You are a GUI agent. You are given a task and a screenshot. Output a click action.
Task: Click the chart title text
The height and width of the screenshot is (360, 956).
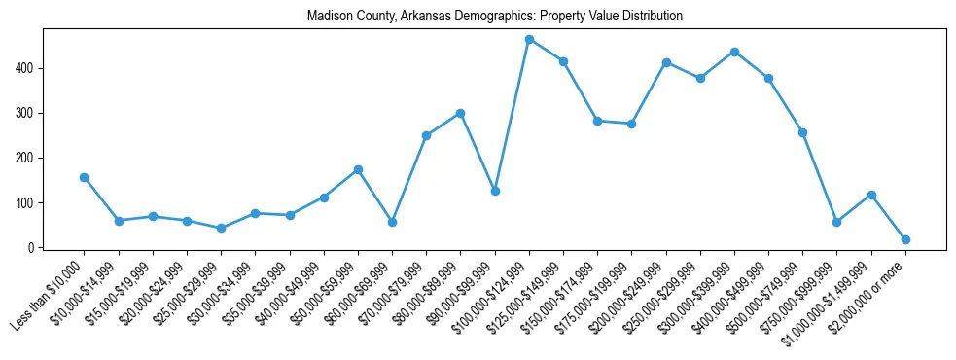pos(494,17)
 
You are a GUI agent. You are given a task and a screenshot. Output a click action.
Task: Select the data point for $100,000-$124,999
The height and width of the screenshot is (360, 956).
pos(529,39)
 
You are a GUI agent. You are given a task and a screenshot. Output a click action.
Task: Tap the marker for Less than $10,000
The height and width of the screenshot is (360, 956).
pos(85,177)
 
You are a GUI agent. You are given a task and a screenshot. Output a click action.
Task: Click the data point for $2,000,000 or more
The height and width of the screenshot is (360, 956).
pos(905,239)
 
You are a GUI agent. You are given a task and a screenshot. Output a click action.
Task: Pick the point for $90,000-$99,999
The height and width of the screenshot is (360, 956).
pos(495,191)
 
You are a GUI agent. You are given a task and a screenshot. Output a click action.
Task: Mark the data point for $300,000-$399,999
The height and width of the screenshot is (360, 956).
pos(734,52)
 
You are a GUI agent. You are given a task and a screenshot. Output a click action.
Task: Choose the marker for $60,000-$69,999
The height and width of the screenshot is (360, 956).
pos(392,222)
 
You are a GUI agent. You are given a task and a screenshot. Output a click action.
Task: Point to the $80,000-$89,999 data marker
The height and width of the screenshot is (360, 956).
pos(460,113)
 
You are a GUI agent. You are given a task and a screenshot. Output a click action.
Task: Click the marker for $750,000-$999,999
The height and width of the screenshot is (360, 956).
pos(836,222)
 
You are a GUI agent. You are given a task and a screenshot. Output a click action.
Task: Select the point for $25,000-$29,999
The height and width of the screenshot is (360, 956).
pos(221,228)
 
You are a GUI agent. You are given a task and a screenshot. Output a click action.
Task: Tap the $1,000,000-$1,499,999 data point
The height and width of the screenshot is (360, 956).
pos(871,195)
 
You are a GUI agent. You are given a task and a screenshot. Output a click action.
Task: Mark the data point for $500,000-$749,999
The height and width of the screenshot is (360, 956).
pos(802,132)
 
